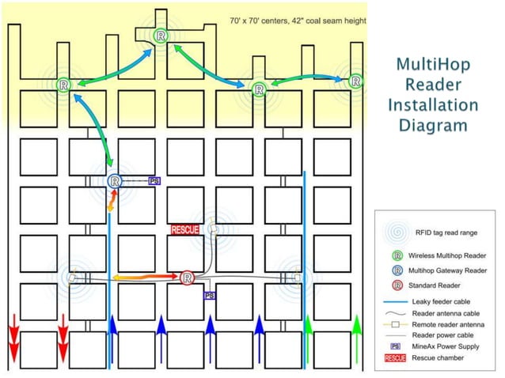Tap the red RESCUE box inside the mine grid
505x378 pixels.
185,230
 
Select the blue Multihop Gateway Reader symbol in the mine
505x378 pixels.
116,181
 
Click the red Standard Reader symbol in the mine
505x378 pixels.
187,278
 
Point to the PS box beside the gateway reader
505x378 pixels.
154,181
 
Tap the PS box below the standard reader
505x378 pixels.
210,295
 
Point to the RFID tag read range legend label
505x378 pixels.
450,233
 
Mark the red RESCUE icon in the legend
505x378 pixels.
396,357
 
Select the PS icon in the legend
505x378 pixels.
395,346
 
